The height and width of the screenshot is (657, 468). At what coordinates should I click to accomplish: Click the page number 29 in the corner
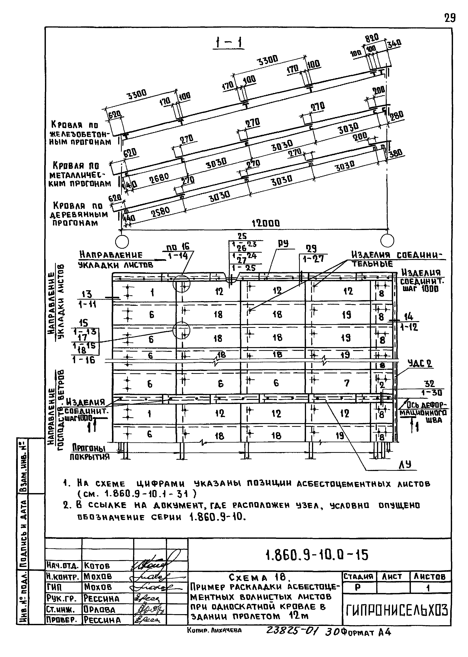[x=450, y=18]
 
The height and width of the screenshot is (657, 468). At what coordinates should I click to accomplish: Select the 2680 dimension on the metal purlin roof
[x=159, y=179]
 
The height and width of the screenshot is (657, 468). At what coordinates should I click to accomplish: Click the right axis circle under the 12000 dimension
[x=387, y=240]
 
